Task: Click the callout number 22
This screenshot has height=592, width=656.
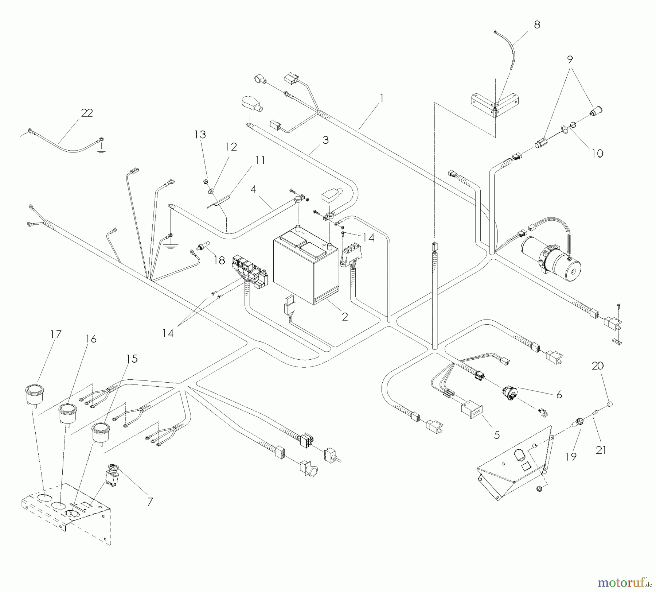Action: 87,113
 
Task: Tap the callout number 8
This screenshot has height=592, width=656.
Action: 537,25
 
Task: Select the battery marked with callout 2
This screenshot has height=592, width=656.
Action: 306,266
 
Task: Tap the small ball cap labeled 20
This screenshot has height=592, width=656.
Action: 611,404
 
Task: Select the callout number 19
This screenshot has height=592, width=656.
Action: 571,456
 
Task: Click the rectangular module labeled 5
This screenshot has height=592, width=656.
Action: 472,410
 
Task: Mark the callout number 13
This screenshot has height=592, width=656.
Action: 200,135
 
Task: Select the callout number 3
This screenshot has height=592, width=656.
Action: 325,140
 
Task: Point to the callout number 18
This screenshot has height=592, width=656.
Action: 219,260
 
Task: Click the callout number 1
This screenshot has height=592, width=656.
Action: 382,98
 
